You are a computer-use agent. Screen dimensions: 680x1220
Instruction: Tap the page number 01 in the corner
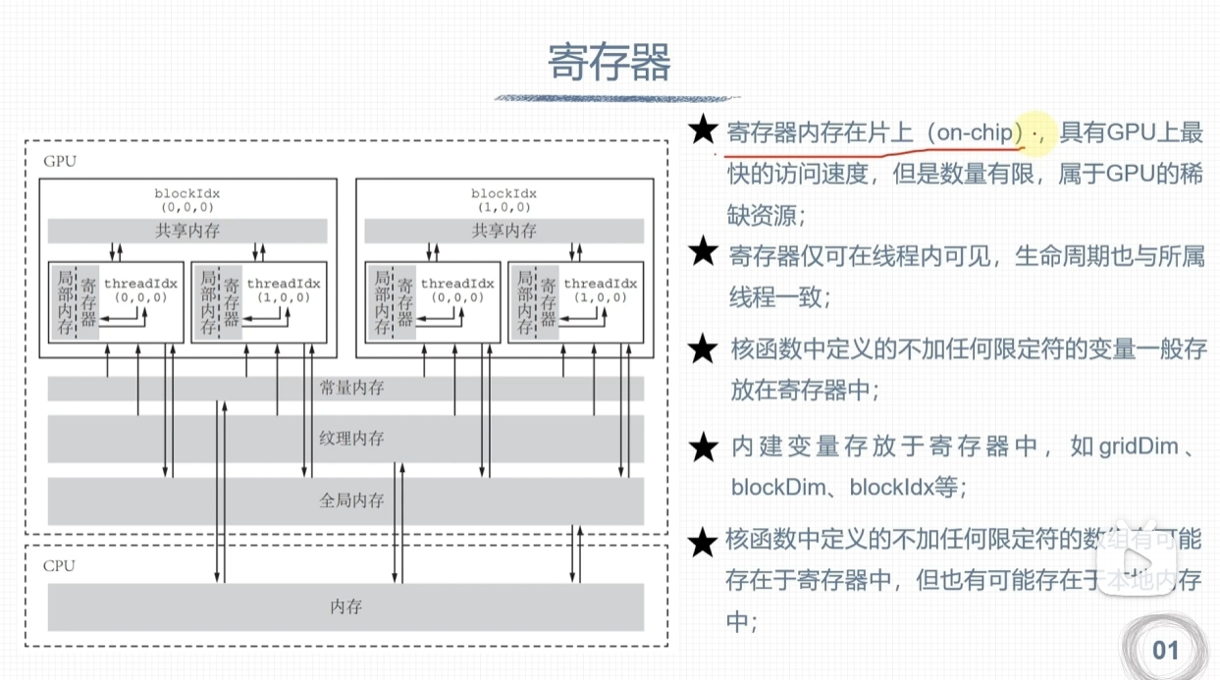tap(1165, 649)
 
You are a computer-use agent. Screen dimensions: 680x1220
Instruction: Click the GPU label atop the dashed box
tap(59, 161)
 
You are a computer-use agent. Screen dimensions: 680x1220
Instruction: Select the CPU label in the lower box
tap(59, 566)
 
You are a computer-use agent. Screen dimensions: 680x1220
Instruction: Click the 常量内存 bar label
tap(351, 389)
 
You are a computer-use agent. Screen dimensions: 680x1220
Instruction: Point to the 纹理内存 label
tap(351, 438)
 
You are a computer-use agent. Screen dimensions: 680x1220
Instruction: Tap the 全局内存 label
tap(351, 499)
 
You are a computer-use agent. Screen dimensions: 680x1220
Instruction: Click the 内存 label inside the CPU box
tap(345, 606)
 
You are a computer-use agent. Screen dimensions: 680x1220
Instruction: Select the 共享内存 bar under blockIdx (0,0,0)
tap(187, 232)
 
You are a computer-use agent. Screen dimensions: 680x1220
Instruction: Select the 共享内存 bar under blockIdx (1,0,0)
tap(504, 232)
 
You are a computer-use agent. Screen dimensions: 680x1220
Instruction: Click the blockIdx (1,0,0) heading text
tap(504, 200)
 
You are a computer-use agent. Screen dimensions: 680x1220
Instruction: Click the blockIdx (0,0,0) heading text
tap(187, 200)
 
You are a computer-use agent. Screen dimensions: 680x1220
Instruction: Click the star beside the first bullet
tap(702, 131)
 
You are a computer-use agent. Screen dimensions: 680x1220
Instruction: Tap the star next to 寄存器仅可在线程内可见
tap(703, 253)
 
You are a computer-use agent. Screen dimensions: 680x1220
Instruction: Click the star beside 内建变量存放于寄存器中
tap(703, 447)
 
